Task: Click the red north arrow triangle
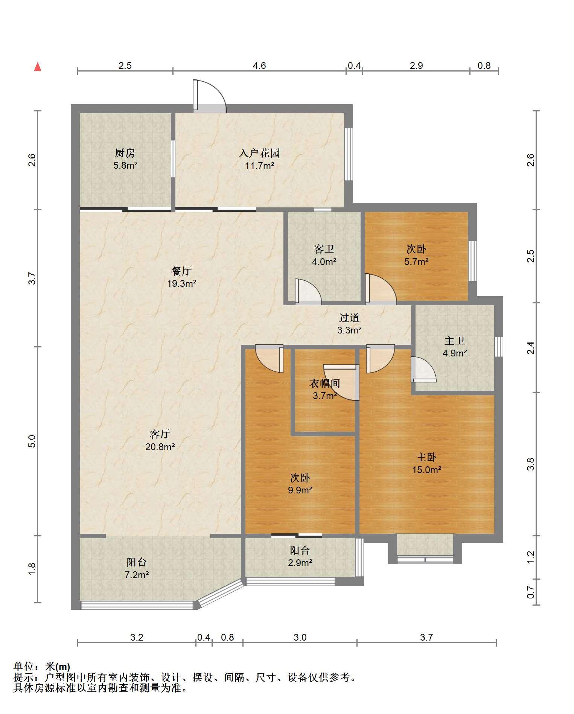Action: pos(38,67)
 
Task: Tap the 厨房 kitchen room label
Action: pos(125,153)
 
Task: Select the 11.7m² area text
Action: pos(260,165)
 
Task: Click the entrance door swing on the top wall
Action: pos(209,96)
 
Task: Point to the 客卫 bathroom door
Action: pos(308,291)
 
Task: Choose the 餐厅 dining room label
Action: pos(181,271)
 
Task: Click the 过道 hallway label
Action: pos(349,318)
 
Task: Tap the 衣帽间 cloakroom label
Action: pos(325,383)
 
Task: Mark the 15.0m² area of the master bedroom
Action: pos(426,470)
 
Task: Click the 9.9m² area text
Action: pos(300,490)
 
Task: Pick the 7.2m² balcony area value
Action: pos(137,575)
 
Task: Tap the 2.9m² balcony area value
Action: pos(300,563)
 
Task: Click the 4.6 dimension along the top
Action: pos(259,66)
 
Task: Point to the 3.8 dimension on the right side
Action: pos(531,464)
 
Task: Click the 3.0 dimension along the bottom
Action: pos(300,637)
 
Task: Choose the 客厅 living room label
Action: pos(160,434)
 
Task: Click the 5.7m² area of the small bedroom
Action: pos(417,261)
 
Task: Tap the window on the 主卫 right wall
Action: pos(499,347)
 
